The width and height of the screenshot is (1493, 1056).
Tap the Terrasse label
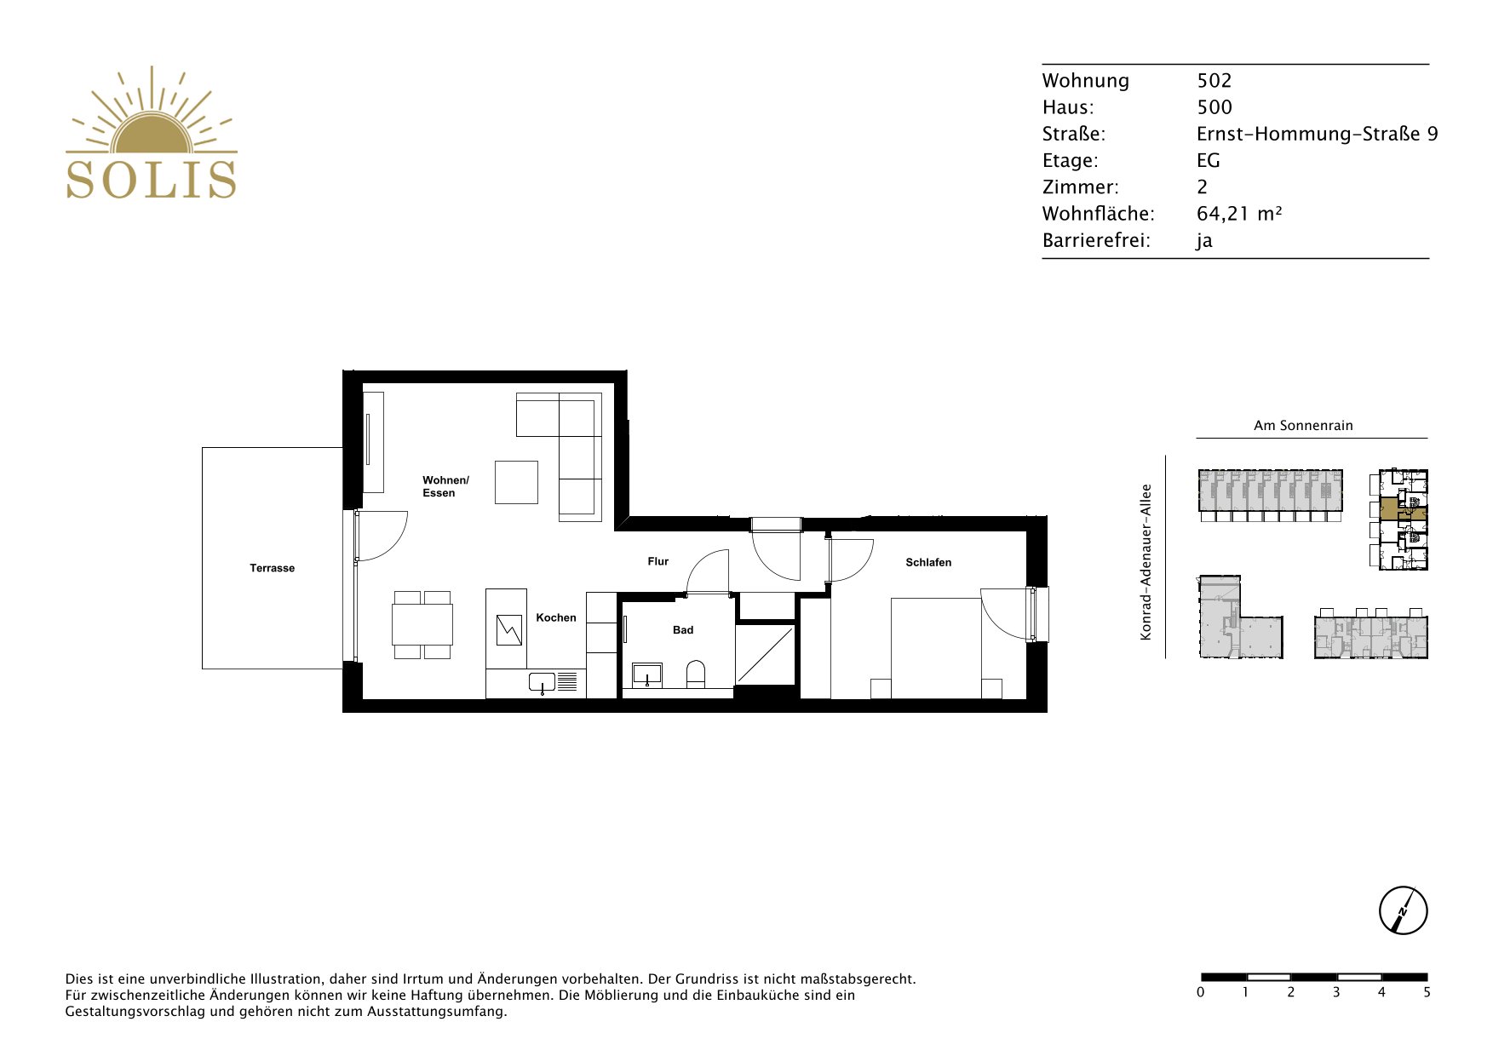[x=272, y=568]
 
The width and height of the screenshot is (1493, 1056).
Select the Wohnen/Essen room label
[x=445, y=486]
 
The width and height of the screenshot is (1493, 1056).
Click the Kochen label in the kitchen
[x=556, y=617]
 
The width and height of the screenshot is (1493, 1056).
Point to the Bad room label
[x=683, y=630]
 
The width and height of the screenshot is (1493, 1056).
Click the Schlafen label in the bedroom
[x=928, y=562]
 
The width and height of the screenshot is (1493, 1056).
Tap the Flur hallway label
[x=658, y=561]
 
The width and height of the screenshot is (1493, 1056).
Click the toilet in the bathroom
[x=696, y=673]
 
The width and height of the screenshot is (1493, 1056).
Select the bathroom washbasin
[x=648, y=674]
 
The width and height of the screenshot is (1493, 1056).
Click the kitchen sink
[x=542, y=682]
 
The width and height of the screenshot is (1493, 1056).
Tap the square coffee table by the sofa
[x=517, y=482]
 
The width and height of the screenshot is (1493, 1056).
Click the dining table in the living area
[x=422, y=624]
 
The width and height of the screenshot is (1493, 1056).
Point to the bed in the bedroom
[x=936, y=648]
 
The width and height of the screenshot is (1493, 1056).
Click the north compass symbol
[x=1403, y=910]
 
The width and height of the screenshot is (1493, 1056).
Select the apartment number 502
[x=1214, y=80]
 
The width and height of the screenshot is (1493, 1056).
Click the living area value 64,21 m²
[x=1239, y=213]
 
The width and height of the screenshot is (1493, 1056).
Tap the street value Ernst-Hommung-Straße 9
[x=1317, y=134]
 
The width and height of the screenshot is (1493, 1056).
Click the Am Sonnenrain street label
[x=1303, y=425]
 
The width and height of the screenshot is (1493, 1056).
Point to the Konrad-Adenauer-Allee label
[x=1146, y=562]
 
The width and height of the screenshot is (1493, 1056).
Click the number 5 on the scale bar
[x=1427, y=992]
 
